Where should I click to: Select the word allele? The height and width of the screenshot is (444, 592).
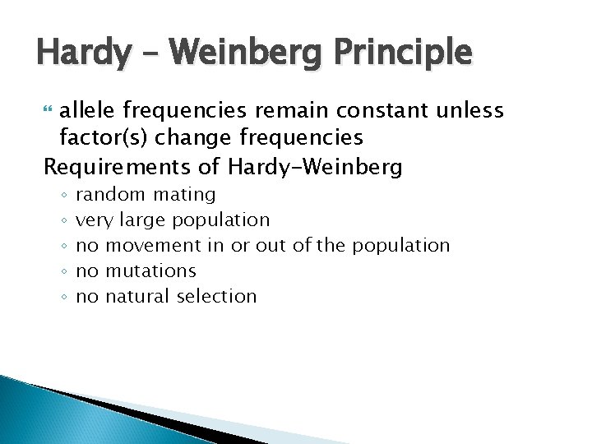click(x=90, y=110)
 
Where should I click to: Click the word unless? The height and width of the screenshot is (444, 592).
click(x=474, y=110)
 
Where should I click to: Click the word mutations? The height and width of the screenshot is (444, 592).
click(x=150, y=271)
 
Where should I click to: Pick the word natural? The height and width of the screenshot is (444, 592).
click(x=138, y=296)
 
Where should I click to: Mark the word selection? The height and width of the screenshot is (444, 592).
click(x=217, y=296)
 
